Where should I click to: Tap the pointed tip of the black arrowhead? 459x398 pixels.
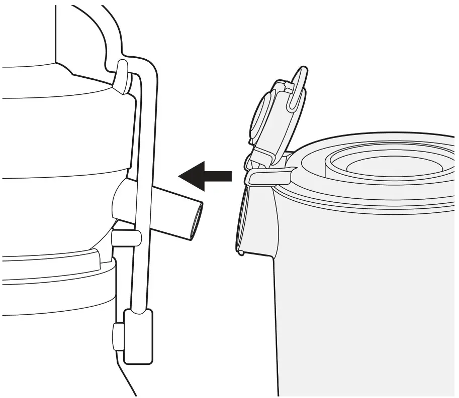180,176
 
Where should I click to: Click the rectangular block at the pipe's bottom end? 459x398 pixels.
138,336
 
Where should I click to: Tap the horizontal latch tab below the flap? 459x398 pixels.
269,176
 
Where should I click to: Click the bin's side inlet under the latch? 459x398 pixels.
256,216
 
